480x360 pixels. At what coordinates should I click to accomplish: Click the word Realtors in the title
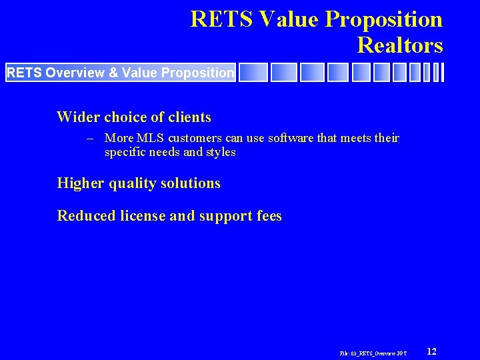tap(399, 45)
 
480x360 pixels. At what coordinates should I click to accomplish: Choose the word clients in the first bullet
tap(189, 118)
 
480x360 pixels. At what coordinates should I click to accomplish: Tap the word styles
tap(221, 152)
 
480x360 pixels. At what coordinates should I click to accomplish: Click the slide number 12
tap(431, 351)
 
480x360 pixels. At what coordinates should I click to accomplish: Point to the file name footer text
tap(373, 352)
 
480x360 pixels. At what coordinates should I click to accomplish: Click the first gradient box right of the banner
tap(253, 72)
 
